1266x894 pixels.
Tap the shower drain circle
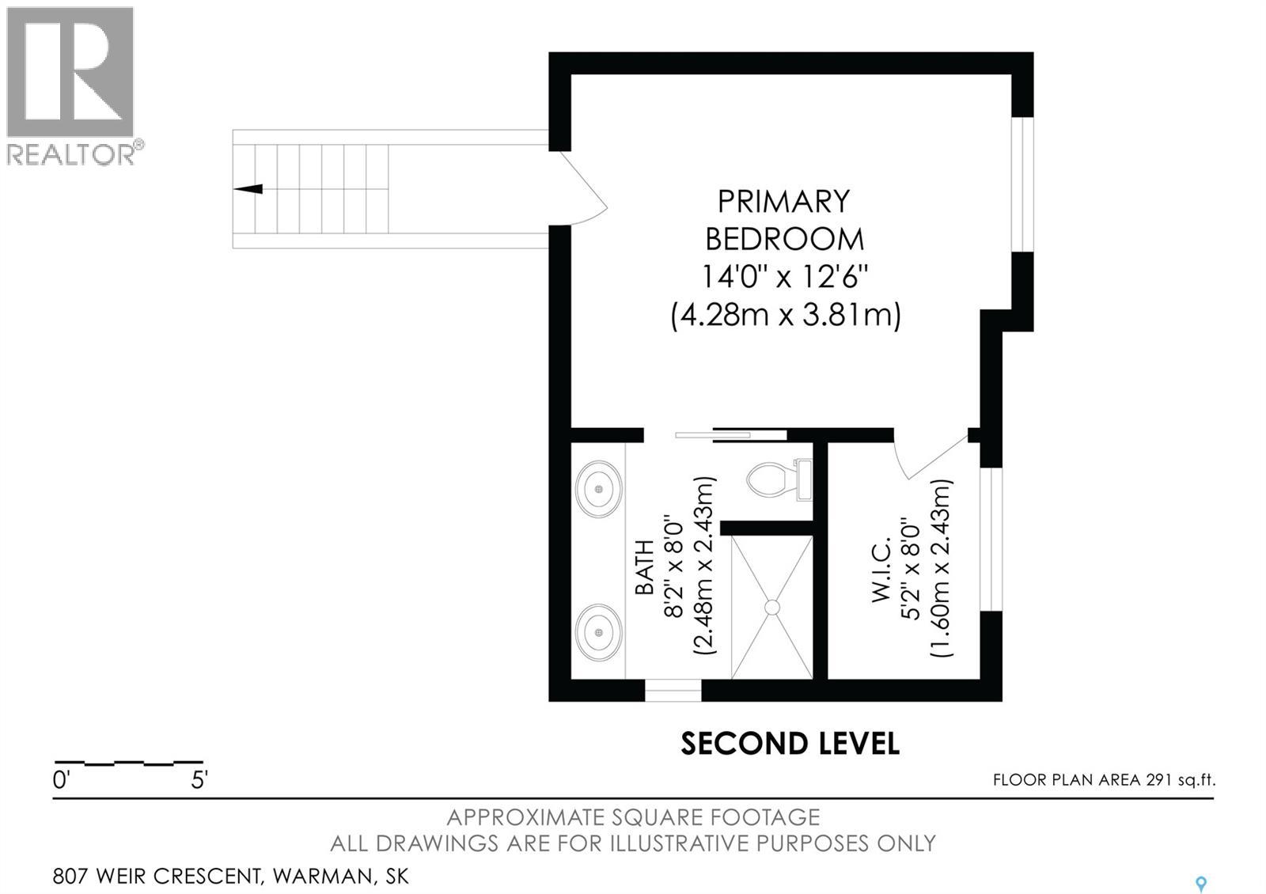pos(771,607)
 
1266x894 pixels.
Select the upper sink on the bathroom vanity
pos(598,488)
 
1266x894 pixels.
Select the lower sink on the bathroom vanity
pos(598,632)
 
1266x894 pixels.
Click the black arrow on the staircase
pos(248,189)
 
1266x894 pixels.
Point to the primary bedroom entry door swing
pos(585,187)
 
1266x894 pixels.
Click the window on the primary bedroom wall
pos(1022,184)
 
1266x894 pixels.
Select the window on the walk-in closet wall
pos(991,539)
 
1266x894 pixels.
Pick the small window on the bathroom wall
pos(673,690)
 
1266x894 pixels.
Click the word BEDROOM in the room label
pos(784,239)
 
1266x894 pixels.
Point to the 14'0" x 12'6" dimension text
pos(784,277)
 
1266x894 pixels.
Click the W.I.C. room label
pos(881,570)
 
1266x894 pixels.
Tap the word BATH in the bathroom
pos(644,567)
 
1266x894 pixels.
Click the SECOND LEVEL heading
pos(790,744)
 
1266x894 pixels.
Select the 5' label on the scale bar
pos(199,780)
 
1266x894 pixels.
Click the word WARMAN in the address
pos(322,877)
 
